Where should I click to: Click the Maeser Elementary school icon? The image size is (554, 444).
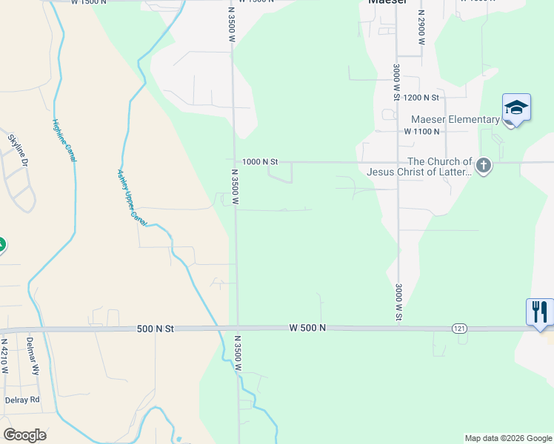tap(516, 109)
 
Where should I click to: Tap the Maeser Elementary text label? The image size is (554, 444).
tap(455, 120)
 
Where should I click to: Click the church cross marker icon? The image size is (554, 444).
tap(484, 166)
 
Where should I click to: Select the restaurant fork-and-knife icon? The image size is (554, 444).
tap(539, 311)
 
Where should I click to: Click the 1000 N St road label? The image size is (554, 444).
tap(259, 161)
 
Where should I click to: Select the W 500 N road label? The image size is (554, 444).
tap(307, 328)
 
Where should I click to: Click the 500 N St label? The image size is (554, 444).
tap(155, 329)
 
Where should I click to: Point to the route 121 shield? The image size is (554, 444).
tap(459, 327)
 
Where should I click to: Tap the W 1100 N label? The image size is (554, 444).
tap(422, 131)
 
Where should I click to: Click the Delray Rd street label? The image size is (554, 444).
tap(21, 400)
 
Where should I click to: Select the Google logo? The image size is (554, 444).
tap(24, 435)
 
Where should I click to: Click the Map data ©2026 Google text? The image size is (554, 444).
tap(507, 438)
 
